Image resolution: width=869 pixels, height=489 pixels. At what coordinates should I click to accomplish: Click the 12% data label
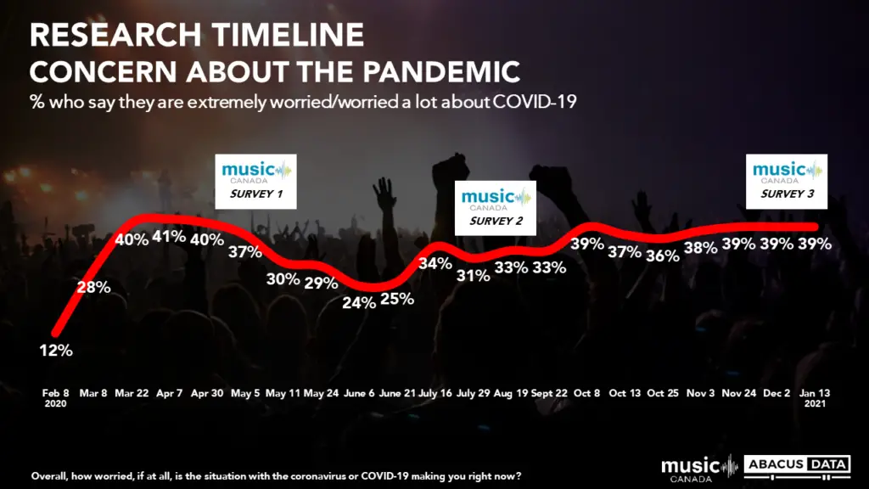(x=56, y=351)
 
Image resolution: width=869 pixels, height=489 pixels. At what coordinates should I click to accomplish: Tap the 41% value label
(x=169, y=237)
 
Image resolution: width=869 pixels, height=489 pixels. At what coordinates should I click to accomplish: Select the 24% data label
(x=359, y=303)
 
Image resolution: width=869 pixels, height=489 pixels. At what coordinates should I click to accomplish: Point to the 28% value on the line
(x=93, y=287)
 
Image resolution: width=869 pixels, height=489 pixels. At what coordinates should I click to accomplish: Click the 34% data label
(x=435, y=263)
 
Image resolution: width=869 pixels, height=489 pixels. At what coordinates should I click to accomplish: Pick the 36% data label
(x=663, y=256)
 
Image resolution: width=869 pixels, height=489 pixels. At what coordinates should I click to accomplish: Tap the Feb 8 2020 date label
(x=55, y=398)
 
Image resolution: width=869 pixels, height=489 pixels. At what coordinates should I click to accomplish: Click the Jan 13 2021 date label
(x=815, y=398)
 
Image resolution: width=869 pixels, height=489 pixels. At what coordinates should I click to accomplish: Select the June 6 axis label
(x=359, y=393)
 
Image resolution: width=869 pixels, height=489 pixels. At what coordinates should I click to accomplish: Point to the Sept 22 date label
(x=549, y=393)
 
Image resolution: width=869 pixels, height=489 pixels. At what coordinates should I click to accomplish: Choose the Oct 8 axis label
(x=587, y=393)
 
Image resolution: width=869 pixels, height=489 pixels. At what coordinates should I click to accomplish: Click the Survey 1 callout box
(x=255, y=182)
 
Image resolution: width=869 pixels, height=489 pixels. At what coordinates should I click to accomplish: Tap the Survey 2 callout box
(x=496, y=208)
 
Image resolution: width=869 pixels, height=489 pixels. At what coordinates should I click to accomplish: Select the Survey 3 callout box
(x=787, y=182)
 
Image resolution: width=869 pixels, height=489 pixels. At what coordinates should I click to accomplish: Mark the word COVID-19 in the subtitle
(x=535, y=102)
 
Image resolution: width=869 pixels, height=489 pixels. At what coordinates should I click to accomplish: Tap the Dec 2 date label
(x=776, y=393)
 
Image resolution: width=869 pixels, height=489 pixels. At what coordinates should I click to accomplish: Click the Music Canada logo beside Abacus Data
(x=699, y=469)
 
